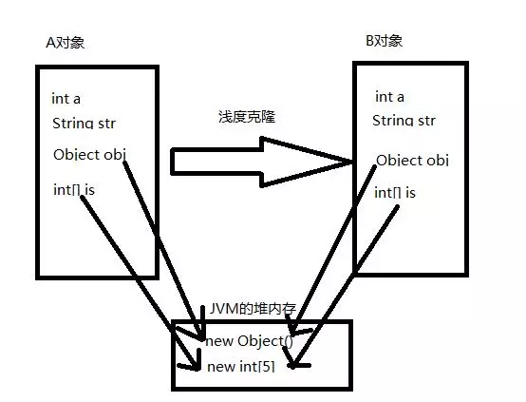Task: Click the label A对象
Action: click(x=66, y=43)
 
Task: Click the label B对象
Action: click(x=385, y=41)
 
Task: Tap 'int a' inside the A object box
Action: click(x=66, y=99)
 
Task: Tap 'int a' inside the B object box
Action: click(x=390, y=97)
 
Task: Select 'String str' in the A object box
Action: click(x=85, y=124)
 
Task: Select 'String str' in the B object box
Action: click(x=404, y=121)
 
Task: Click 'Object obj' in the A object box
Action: click(x=89, y=155)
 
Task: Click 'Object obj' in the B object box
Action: click(x=413, y=161)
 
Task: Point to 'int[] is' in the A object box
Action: click(x=74, y=190)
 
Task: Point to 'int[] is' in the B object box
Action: click(x=395, y=193)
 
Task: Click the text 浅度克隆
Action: click(x=247, y=117)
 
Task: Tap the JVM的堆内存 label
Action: click(x=253, y=309)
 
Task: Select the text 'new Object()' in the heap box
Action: click(x=250, y=341)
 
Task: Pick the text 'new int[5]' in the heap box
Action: click(x=241, y=367)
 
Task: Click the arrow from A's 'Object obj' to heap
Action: click(x=163, y=251)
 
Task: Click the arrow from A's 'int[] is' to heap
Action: click(x=140, y=282)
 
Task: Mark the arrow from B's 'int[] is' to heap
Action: click(x=345, y=286)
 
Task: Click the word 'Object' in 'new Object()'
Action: click(x=261, y=341)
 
